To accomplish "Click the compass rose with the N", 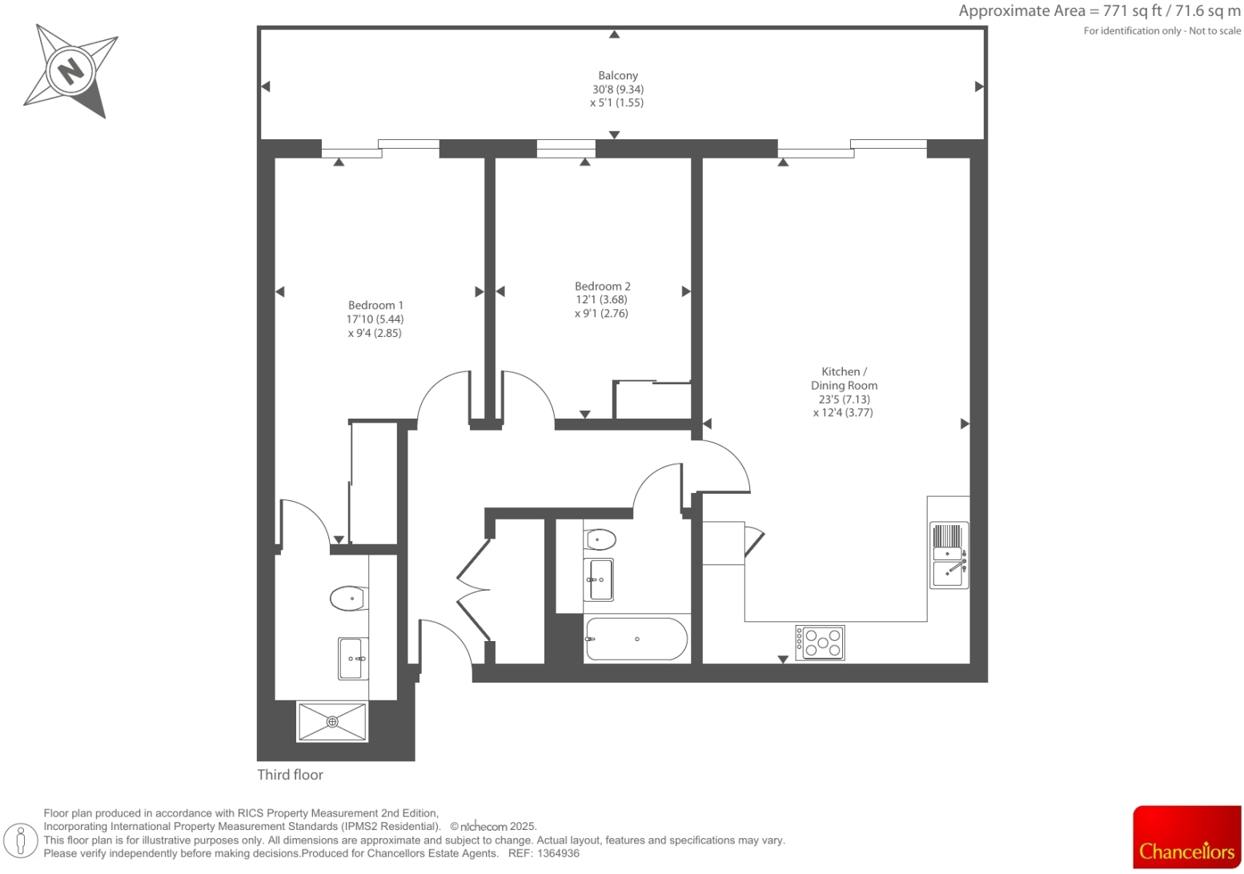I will pyautogui.click(x=70, y=70).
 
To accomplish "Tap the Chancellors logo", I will pyautogui.click(x=1186, y=837).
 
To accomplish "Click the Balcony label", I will pyautogui.click(x=618, y=75).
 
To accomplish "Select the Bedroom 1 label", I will pyautogui.click(x=375, y=305).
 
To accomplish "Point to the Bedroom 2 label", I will pyautogui.click(x=602, y=286).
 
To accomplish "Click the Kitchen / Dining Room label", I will pyautogui.click(x=844, y=378).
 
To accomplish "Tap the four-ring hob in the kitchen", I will pyautogui.click(x=820, y=642).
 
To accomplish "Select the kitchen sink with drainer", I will pyautogui.click(x=949, y=555).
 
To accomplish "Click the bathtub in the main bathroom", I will pyautogui.click(x=636, y=639).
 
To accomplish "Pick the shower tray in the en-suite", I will pyautogui.click(x=332, y=721).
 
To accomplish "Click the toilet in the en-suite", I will pyautogui.click(x=348, y=598).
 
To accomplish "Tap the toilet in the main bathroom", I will pyautogui.click(x=600, y=539).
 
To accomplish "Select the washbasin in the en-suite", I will pyautogui.click(x=352, y=658).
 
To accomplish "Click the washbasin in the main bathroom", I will pyautogui.click(x=600, y=579).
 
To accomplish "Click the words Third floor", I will pyautogui.click(x=290, y=774).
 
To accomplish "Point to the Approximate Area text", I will pyautogui.click(x=1099, y=11).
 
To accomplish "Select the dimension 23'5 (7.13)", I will pyautogui.click(x=844, y=399).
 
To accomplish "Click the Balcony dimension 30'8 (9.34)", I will pyautogui.click(x=618, y=89).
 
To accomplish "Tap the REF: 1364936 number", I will pyautogui.click(x=544, y=853).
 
